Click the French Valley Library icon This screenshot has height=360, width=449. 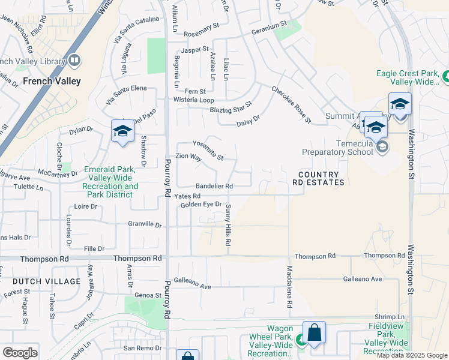click(x=74, y=60)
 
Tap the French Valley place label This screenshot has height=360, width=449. click(x=52, y=80)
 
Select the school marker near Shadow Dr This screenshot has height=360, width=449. click(x=122, y=132)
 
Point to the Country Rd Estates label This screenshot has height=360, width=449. click(x=319, y=178)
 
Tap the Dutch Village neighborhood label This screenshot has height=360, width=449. click(x=46, y=281)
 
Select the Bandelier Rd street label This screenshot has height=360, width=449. click(x=205, y=186)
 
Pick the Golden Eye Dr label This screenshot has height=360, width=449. click(x=201, y=205)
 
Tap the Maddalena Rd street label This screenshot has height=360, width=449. click(x=289, y=287)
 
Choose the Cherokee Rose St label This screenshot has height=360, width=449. click(x=291, y=105)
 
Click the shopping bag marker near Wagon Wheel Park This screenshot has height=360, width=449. click(x=314, y=334)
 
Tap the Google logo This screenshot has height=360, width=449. click(x=20, y=353)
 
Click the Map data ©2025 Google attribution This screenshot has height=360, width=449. click(x=411, y=355)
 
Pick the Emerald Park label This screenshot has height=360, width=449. click(x=111, y=178)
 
